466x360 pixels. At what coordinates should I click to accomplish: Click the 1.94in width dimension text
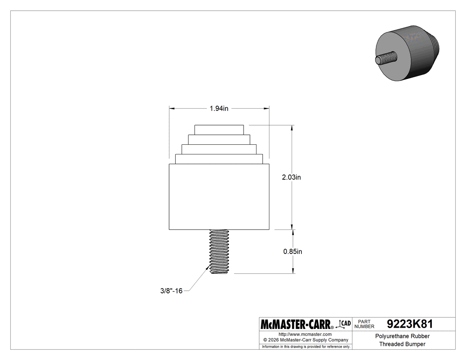click(x=219, y=108)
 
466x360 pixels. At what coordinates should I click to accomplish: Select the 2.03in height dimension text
click(x=292, y=177)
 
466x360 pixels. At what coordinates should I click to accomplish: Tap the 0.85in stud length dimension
click(x=292, y=251)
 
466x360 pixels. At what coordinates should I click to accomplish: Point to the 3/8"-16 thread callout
click(x=171, y=291)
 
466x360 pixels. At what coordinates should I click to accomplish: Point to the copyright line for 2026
click(x=305, y=340)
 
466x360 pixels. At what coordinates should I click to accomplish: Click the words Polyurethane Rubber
click(x=402, y=336)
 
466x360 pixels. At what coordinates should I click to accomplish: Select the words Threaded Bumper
click(x=402, y=344)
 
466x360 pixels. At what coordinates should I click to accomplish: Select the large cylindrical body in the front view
click(x=219, y=197)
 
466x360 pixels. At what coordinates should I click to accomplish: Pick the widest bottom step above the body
click(x=219, y=158)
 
